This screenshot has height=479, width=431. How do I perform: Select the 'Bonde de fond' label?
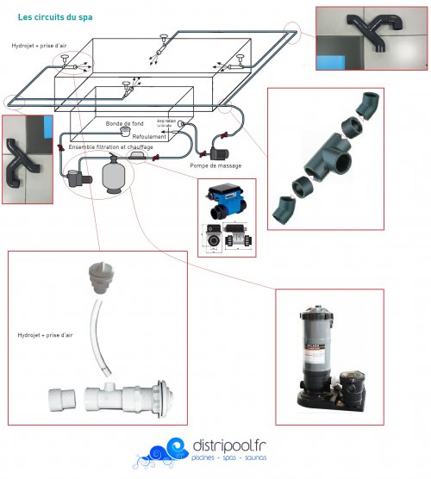click(125, 124)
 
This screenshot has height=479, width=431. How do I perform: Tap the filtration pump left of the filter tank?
click(76, 178)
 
